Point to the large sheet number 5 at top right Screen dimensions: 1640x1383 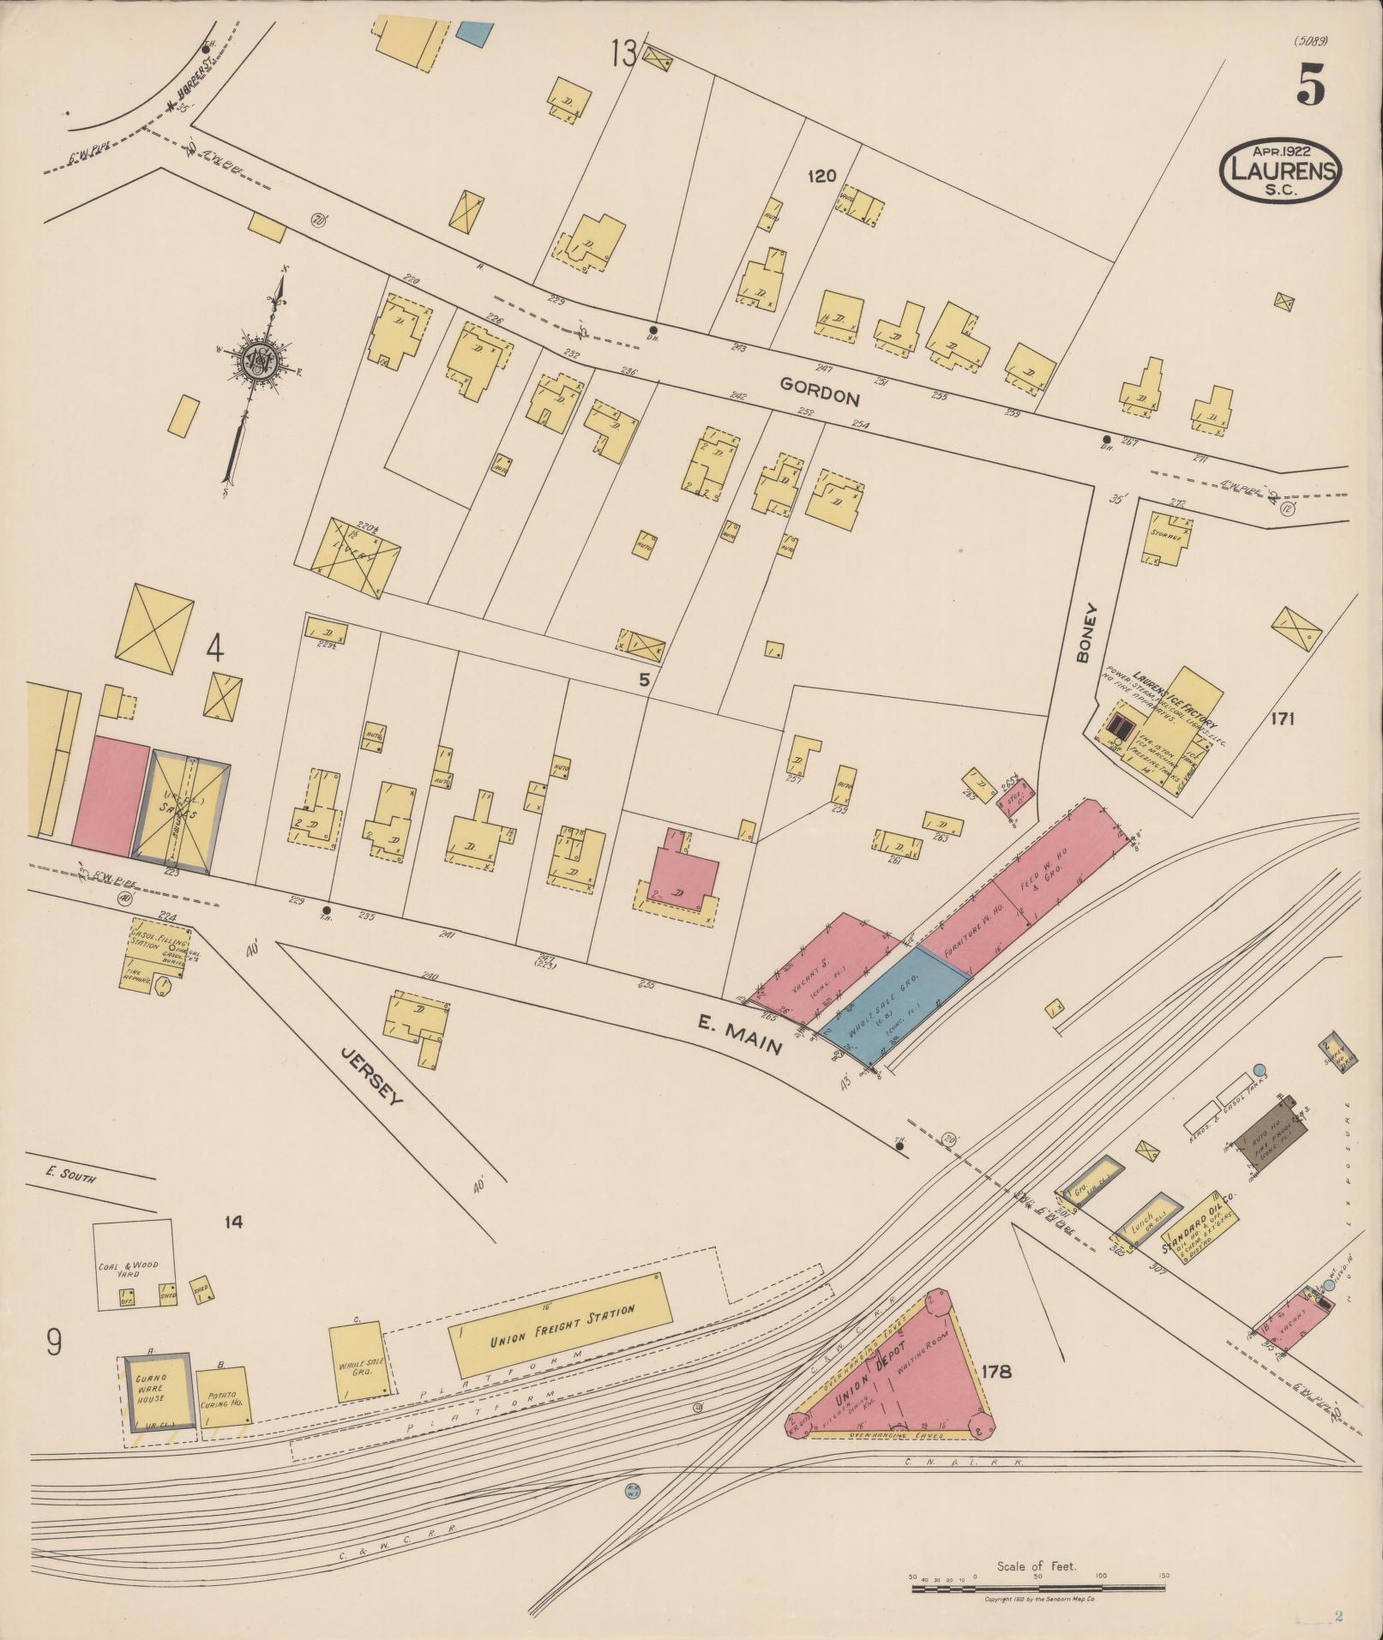pyautogui.click(x=1310, y=84)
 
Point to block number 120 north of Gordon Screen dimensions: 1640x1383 pyautogui.click(x=821, y=176)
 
